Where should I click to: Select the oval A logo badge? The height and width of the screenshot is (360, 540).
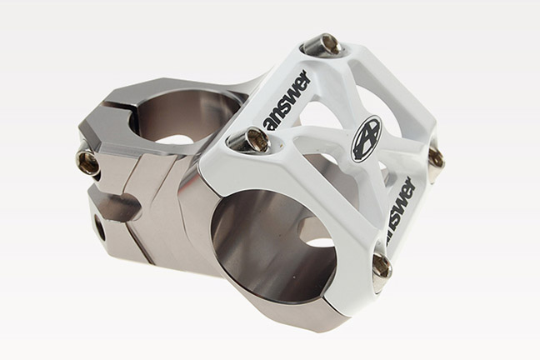pyautogui.click(x=366, y=138)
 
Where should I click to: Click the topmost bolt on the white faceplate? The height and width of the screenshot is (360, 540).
pyautogui.click(x=325, y=43)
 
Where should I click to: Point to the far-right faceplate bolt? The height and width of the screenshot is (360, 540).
pyautogui.click(x=435, y=158)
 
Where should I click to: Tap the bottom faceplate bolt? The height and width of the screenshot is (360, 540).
pyautogui.click(x=381, y=266)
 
